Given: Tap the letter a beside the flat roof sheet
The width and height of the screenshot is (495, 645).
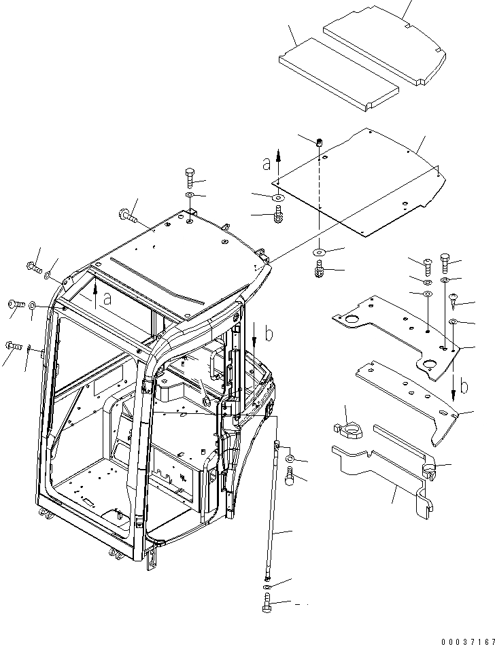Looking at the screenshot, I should [x=267, y=163].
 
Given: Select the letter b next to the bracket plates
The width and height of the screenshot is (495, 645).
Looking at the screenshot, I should [x=464, y=387].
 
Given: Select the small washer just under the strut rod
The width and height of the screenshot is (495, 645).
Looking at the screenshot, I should [x=266, y=586].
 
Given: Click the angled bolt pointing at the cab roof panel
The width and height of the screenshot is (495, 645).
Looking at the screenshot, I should [x=126, y=217].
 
